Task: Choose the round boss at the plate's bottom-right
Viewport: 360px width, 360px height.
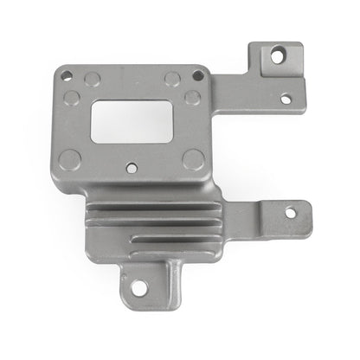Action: pyautogui.click(x=194, y=158)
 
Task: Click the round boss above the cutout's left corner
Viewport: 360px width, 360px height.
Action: pyautogui.click(x=93, y=80)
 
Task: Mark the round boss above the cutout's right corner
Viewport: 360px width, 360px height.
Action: pyautogui.click(x=172, y=80)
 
